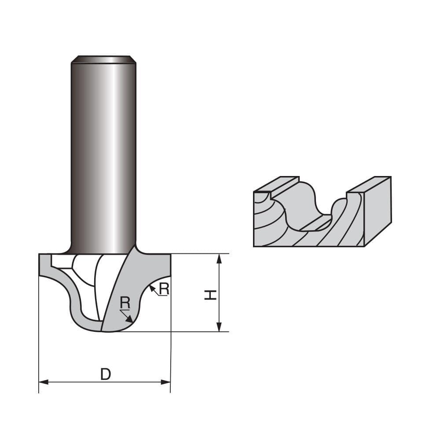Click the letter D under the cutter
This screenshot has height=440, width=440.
(106, 374)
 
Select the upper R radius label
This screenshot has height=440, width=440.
(164, 289)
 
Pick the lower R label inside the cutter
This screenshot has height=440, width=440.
(125, 303)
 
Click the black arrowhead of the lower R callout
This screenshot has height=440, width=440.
(129, 320)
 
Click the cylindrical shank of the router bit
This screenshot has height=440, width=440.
(103, 154)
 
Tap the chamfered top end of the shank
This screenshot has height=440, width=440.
(103, 59)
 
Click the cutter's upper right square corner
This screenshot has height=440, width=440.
(169, 255)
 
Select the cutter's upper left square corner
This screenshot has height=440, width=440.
(40, 255)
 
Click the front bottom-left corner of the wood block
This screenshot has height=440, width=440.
(254, 246)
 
